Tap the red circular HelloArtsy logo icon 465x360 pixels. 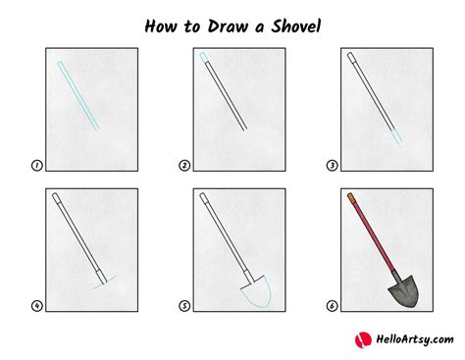click(360, 339)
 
